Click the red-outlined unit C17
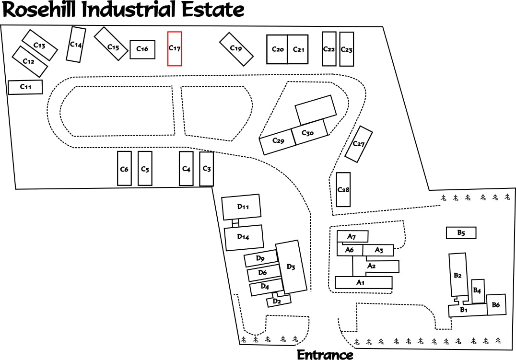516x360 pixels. pos(175,48)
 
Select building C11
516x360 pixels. pos(25,87)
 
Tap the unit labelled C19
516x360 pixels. pos(236,49)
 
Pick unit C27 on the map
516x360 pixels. pos(359,144)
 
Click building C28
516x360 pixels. pos(343,189)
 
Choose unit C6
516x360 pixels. pos(124,168)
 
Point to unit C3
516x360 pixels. pos(206,168)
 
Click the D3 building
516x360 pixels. pos(291,267)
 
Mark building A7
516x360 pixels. pos(352,236)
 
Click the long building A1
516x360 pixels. pos(364,282)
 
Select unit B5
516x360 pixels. pos(461,232)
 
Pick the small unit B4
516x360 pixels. pos(478,290)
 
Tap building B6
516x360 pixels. pos(496,305)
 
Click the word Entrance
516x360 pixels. pos(325,355)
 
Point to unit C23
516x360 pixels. pos(346,49)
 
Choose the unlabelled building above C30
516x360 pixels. pos(315,110)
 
